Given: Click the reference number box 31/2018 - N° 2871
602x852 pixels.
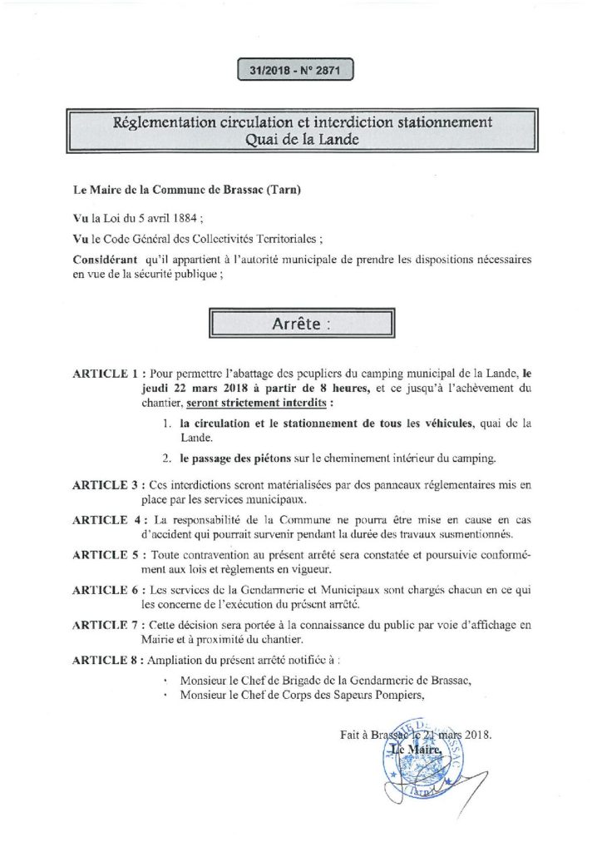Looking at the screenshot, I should click(295, 72).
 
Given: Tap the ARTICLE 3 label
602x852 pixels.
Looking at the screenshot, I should click(106, 485).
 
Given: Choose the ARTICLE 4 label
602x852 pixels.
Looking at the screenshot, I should click(106, 520).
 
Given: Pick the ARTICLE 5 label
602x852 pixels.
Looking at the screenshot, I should click(106, 554).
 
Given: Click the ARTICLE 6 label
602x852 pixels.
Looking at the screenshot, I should click(106, 589).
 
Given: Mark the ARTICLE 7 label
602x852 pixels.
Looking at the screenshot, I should click(106, 624).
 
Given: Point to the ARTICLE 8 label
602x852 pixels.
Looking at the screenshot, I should click(106, 659).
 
